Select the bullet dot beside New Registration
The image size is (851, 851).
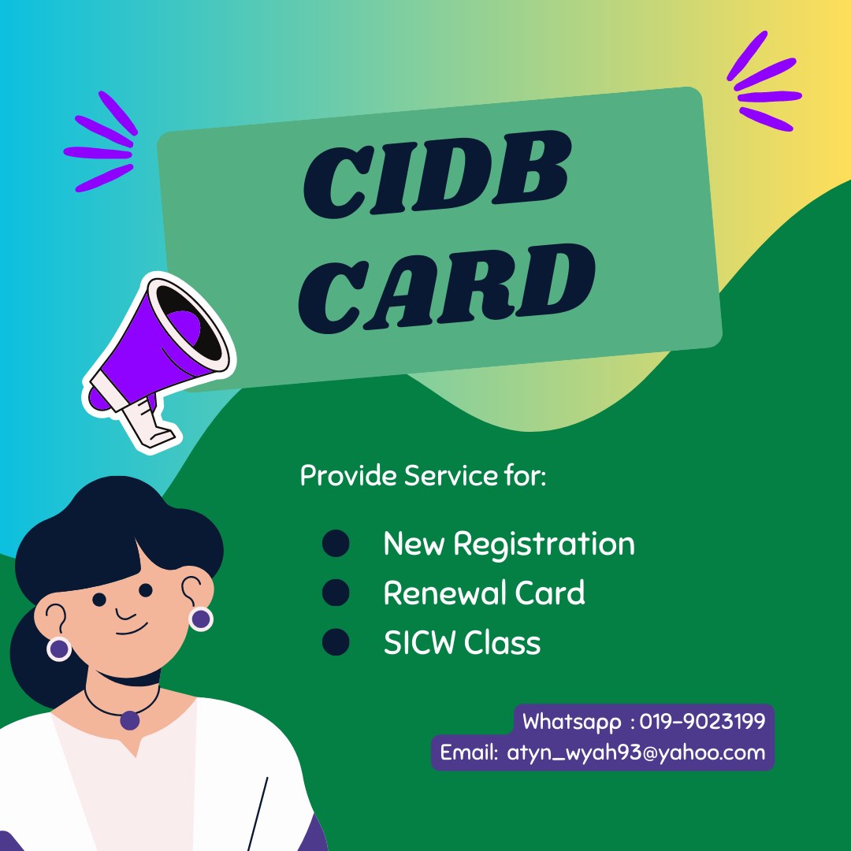[x=336, y=544]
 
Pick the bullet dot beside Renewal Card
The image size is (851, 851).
[x=336, y=593]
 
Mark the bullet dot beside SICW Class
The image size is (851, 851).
[x=336, y=642]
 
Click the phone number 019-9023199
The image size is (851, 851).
[x=702, y=721]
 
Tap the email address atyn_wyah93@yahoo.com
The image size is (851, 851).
[x=636, y=752]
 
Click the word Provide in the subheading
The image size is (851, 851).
[x=348, y=476]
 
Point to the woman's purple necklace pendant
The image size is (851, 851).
[x=130, y=719]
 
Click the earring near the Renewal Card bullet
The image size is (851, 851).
[x=201, y=619]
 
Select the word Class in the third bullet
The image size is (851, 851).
[x=502, y=643]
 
